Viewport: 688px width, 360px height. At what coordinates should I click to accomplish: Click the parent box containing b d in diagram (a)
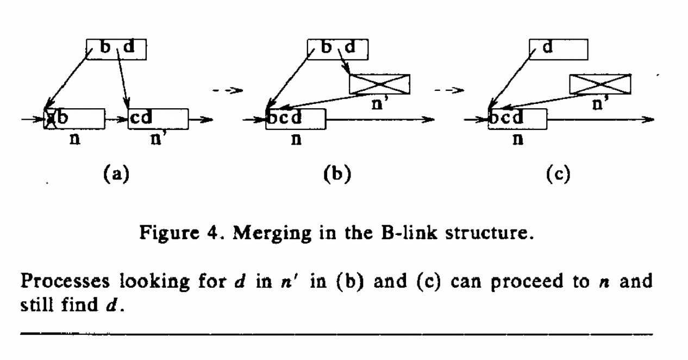click(x=116, y=49)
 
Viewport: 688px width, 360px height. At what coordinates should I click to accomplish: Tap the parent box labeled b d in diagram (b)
click(x=337, y=49)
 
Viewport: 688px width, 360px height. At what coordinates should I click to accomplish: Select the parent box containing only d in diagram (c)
click(x=558, y=49)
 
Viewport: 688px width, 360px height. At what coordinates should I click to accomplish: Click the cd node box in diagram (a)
click(x=158, y=119)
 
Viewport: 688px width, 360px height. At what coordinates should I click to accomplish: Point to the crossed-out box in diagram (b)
click(x=379, y=84)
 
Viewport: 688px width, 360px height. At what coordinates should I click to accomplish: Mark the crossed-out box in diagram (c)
click(x=600, y=84)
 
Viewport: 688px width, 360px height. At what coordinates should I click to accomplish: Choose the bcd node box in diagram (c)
click(x=518, y=119)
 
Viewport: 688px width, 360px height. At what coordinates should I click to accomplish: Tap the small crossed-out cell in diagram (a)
click(x=51, y=119)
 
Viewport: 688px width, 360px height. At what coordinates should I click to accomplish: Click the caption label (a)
click(x=115, y=175)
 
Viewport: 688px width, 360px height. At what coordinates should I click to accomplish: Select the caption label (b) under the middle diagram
click(x=337, y=175)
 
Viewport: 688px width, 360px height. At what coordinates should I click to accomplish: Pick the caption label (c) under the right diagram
click(x=558, y=175)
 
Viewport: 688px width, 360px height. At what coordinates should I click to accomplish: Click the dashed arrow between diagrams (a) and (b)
click(x=227, y=91)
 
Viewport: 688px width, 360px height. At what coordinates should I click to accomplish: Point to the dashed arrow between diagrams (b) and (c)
click(x=453, y=91)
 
